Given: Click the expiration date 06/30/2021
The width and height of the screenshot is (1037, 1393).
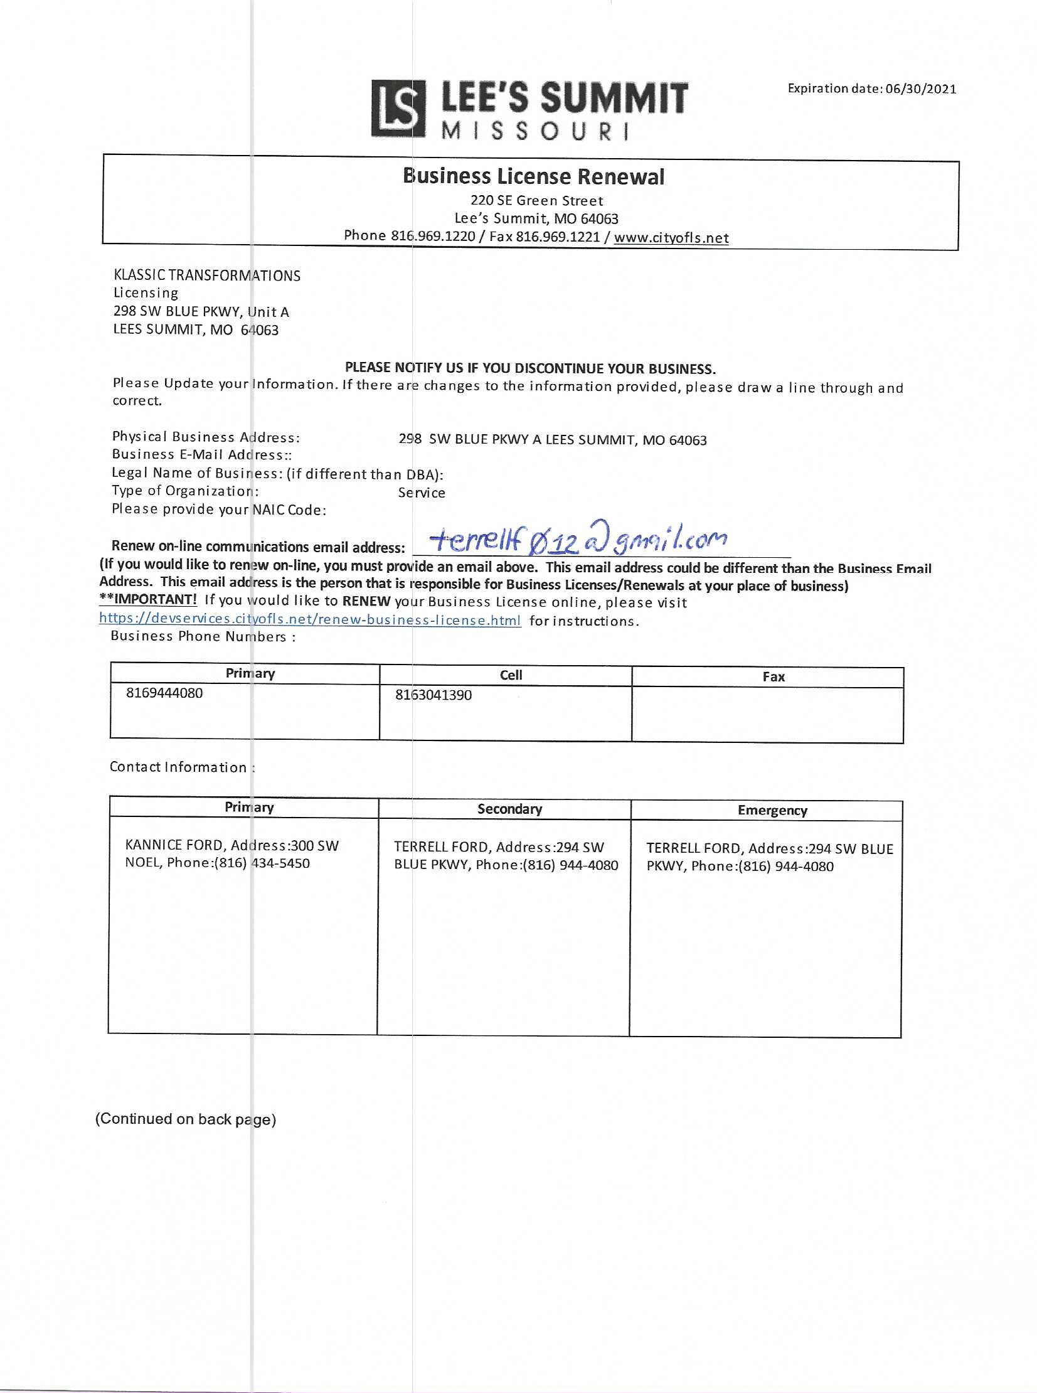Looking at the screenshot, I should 920,89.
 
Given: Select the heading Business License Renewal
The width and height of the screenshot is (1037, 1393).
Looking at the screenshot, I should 533,176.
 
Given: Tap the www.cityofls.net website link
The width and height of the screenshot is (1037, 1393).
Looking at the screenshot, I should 671,238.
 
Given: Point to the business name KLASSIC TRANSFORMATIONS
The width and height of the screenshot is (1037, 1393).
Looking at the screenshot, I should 206,275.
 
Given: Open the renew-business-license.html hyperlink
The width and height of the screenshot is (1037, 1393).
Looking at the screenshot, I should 309,619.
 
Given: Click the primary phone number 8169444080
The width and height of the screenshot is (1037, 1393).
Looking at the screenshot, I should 164,693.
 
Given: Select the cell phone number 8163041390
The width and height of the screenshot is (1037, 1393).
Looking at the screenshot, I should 433,695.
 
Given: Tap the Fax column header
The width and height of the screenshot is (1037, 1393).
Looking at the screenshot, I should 773,676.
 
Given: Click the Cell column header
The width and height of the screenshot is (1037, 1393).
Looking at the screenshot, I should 510,675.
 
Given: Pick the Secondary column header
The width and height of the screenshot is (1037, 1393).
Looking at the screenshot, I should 509,809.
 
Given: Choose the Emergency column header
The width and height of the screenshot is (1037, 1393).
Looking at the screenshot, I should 772,811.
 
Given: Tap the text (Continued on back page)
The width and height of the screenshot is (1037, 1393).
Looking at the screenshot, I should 185,1119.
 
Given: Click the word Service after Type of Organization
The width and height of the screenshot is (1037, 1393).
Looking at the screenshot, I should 421,493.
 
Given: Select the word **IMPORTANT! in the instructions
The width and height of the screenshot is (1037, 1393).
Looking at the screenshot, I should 148,599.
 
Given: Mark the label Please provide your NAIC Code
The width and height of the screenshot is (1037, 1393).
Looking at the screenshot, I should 218,509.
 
